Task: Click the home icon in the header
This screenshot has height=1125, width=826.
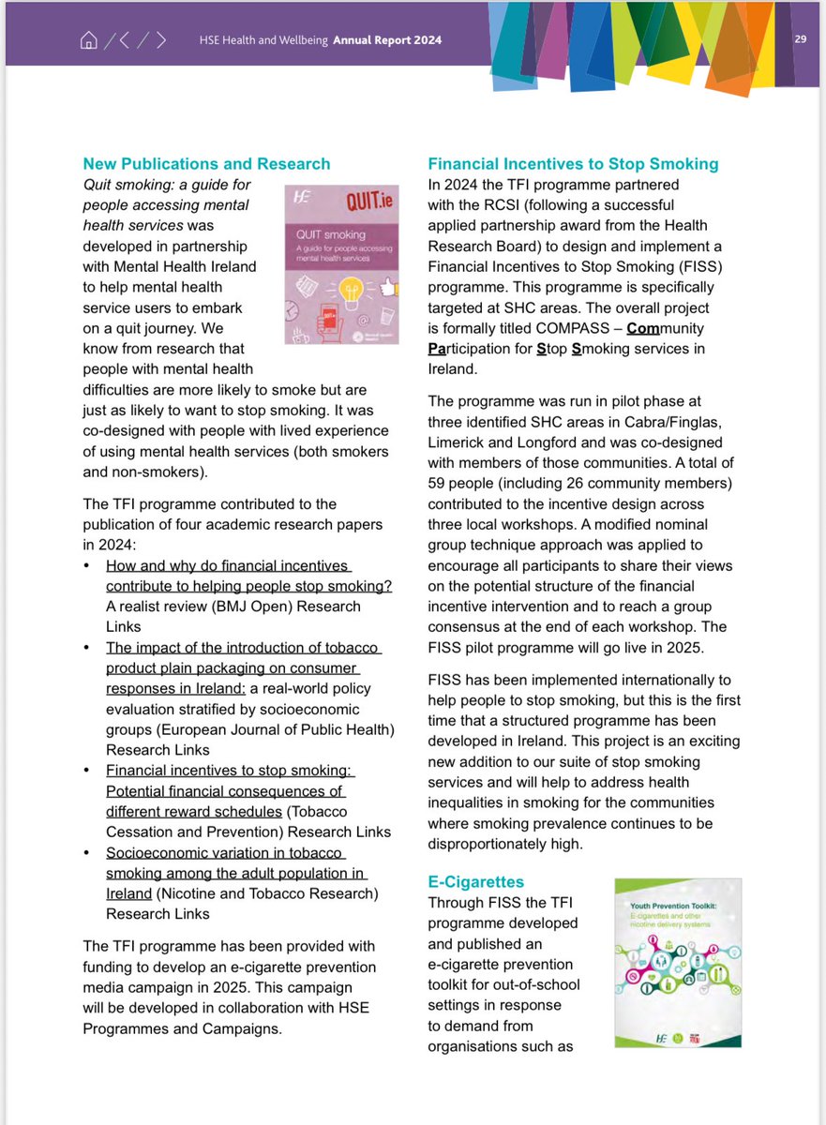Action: [89, 39]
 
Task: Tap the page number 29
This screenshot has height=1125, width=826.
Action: [800, 39]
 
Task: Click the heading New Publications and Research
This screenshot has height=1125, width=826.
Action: [206, 164]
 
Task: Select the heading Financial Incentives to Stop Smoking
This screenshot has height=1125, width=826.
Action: [573, 164]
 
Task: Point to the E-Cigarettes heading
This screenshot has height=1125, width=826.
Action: [475, 882]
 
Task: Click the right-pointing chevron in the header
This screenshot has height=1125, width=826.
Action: [161, 39]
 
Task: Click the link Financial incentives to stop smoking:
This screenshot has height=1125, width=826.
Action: [231, 771]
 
